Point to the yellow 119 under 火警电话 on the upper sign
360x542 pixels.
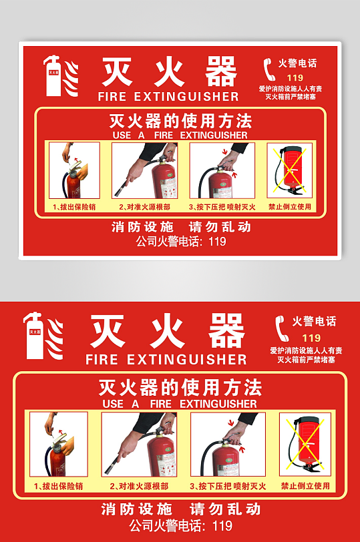(295, 78)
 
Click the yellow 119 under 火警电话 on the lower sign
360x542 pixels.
(311, 338)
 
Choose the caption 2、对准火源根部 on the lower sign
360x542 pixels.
(139, 487)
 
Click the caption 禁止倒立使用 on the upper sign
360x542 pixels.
(290, 207)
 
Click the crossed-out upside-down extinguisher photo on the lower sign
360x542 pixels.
(305, 444)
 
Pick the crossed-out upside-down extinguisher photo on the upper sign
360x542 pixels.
(290, 170)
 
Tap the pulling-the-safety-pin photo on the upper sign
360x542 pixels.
(74, 170)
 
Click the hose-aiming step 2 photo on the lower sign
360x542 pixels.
(139, 444)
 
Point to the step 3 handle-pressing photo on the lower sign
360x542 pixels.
(228, 444)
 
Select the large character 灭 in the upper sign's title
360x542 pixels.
(118, 71)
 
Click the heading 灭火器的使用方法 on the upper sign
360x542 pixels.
(180, 121)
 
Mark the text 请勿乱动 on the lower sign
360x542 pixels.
(225, 509)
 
